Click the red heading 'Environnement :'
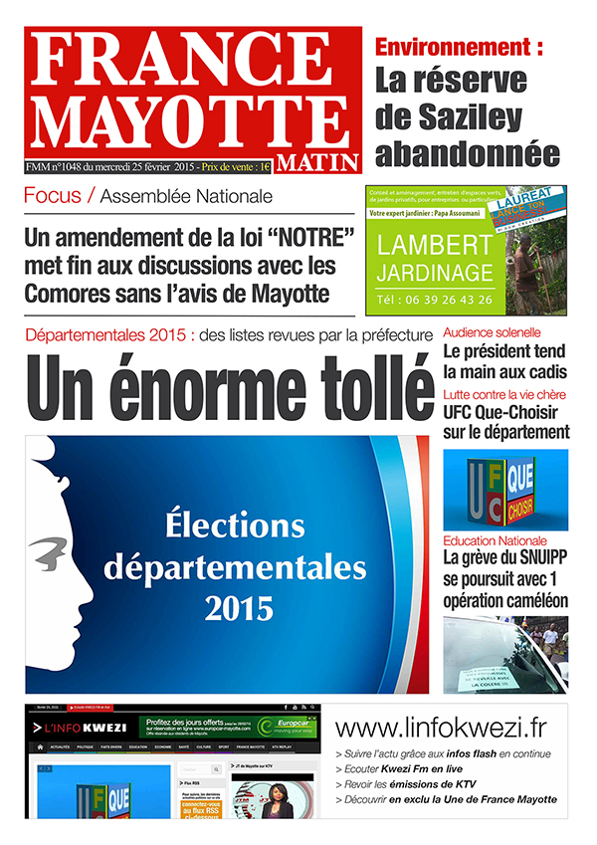click(x=459, y=46)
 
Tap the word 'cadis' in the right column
click(x=542, y=371)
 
